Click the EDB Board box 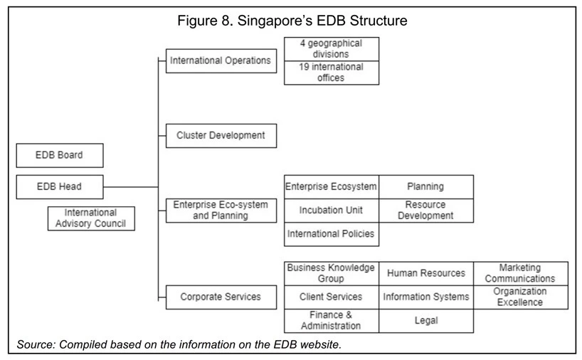[60, 155]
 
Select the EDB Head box [60, 186]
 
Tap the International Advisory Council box [91, 218]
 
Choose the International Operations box [221, 60]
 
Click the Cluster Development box [221, 135]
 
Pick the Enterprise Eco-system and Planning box [221, 211]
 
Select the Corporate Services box [221, 297]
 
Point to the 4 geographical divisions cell [332, 49]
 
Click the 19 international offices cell [332, 73]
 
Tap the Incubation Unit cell [332, 211]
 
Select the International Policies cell [332, 234]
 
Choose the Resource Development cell [426, 211]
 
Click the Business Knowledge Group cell [332, 273]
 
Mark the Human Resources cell [426, 273]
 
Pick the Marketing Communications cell [521, 273]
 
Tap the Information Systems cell [426, 297]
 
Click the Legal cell [426, 321]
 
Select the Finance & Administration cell [332, 321]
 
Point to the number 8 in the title [226, 21]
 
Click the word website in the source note [320, 344]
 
